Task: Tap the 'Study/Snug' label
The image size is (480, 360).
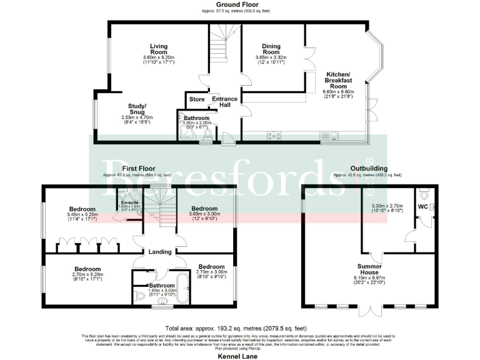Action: tap(137, 109)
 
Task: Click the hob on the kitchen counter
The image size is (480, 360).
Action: tap(275, 135)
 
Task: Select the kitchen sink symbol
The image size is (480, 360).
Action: tap(329, 135)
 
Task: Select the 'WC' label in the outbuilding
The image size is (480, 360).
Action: tap(423, 206)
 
